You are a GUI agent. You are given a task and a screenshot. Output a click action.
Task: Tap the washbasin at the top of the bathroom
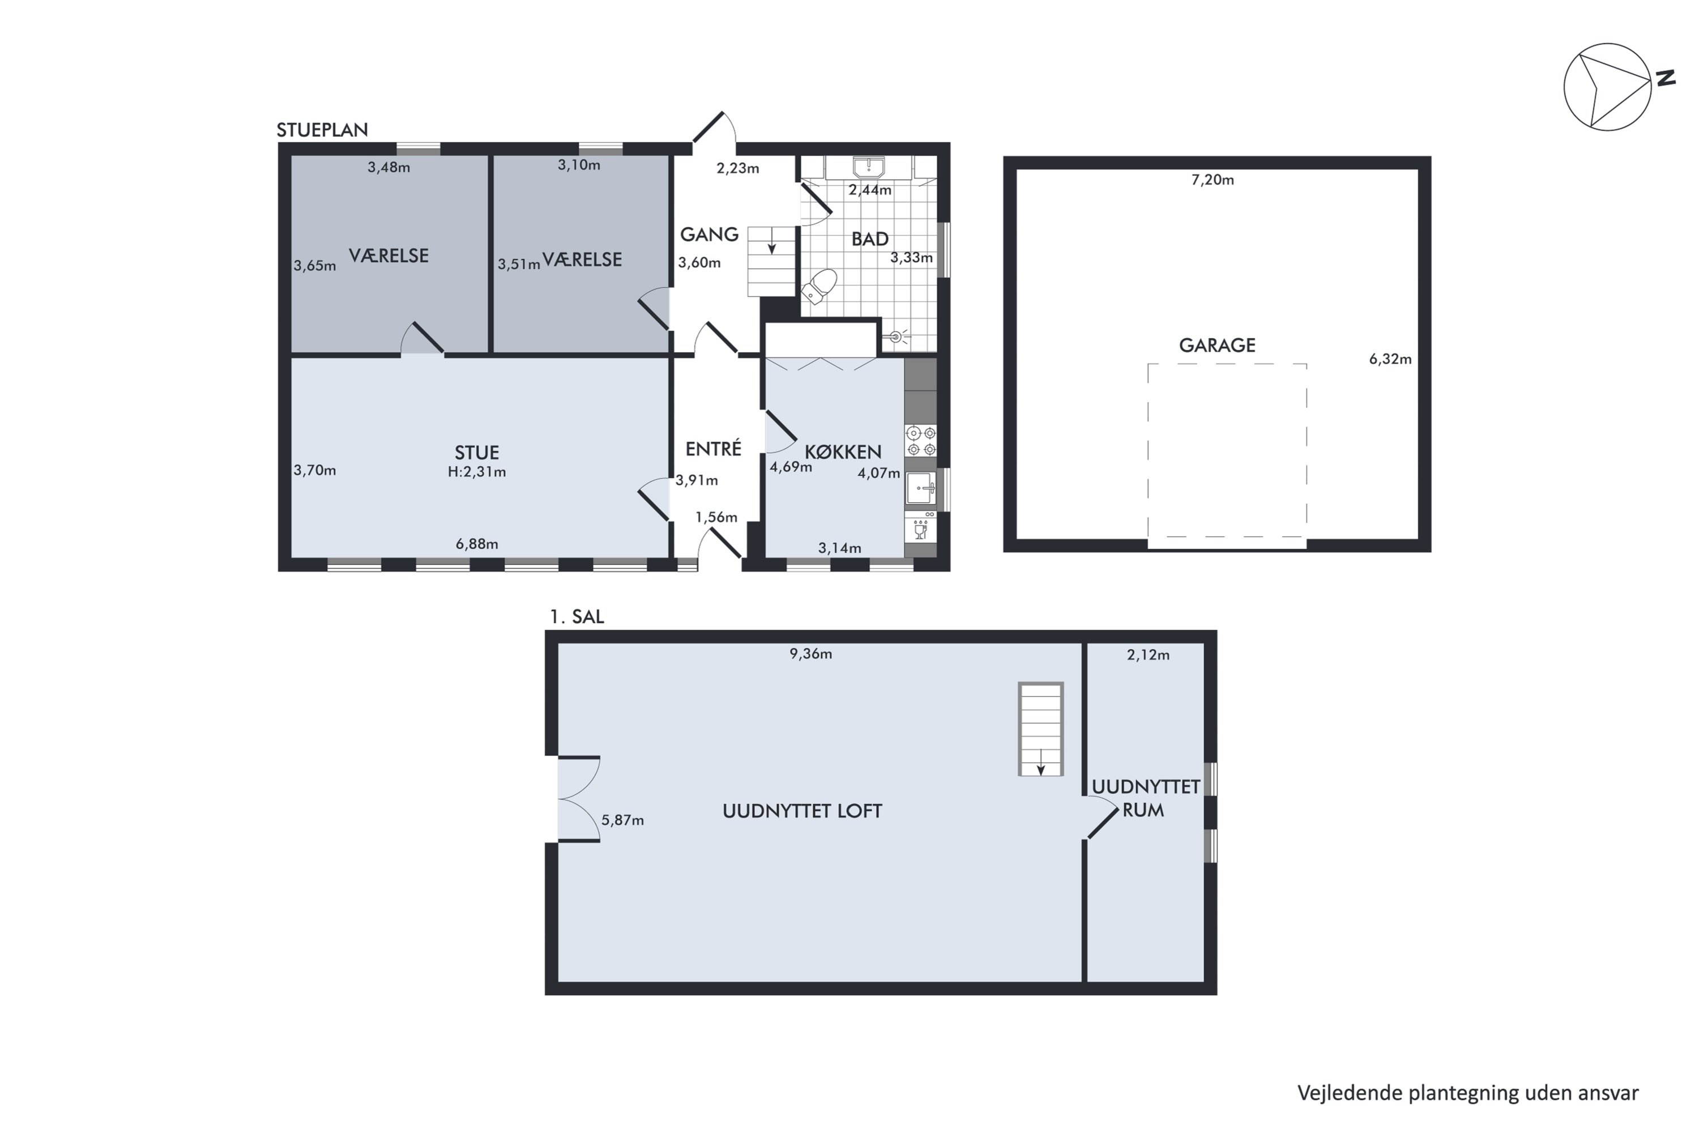(x=868, y=168)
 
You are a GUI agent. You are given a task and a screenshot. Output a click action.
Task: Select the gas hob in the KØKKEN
(x=920, y=441)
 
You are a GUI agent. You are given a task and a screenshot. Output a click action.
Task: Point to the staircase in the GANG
(x=770, y=261)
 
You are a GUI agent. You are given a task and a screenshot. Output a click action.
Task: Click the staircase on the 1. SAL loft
(x=1040, y=729)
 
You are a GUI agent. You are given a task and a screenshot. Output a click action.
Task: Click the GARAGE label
(x=1216, y=346)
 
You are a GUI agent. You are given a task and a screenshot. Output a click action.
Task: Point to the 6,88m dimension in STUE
(x=477, y=544)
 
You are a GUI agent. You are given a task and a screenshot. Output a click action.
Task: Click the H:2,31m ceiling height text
(x=477, y=472)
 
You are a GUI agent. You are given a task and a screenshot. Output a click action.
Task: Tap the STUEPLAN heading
(x=322, y=130)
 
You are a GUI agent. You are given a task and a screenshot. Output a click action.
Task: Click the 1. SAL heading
(x=577, y=616)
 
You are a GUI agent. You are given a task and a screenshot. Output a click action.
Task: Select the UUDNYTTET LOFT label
(x=802, y=811)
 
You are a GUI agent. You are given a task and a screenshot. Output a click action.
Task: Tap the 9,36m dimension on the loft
(x=810, y=654)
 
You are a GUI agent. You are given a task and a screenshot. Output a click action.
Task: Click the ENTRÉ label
(x=713, y=449)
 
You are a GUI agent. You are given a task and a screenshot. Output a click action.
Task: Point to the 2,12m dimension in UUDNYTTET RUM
(x=1148, y=655)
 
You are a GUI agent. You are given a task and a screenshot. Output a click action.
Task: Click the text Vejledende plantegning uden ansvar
(x=1468, y=1093)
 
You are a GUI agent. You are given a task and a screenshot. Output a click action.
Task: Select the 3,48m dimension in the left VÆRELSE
(x=389, y=168)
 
